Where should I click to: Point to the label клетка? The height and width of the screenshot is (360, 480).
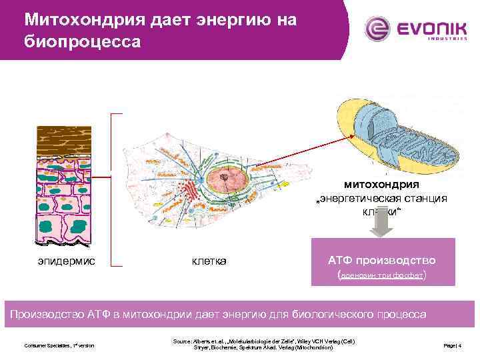pyautogui.click(x=209, y=261)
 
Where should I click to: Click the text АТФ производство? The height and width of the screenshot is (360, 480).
pyautogui.click(x=382, y=259)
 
